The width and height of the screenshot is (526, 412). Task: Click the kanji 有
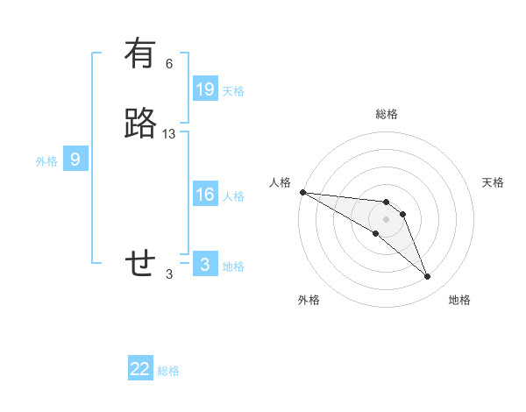[140, 54]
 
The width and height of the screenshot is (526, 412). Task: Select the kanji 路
[140, 124]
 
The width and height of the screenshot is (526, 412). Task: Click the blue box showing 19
[205, 89]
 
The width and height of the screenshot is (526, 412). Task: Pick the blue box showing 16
[205, 195]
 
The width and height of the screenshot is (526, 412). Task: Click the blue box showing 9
[75, 160]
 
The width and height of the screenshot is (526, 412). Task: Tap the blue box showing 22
[140, 369]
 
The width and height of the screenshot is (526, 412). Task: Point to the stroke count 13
[169, 134]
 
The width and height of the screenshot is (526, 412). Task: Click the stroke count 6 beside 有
[169, 64]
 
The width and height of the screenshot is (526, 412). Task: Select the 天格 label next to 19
[233, 90]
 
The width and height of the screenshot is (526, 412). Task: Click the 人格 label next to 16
[233, 196]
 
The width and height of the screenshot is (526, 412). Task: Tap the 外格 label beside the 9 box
[46, 161]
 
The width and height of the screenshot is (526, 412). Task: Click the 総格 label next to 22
[168, 371]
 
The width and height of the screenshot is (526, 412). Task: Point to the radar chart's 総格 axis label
[387, 114]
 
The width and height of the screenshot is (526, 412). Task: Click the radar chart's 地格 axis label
[459, 300]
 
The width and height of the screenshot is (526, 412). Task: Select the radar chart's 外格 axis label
[309, 300]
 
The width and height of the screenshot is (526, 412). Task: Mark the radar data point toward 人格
[302, 191]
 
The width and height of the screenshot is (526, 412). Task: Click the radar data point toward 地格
[427, 276]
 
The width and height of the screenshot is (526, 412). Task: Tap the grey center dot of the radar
[386, 219]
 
